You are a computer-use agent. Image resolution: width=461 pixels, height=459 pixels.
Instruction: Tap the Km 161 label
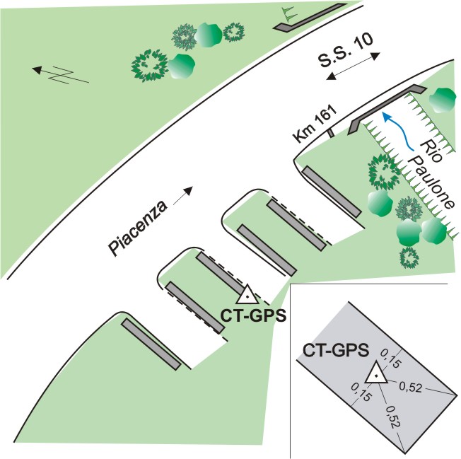coord(315,124)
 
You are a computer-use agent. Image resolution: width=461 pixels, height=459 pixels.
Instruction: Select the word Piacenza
coord(138,228)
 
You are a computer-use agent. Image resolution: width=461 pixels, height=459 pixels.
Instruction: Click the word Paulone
coord(432,182)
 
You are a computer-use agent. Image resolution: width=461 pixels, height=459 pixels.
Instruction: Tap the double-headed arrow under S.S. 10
coord(354,66)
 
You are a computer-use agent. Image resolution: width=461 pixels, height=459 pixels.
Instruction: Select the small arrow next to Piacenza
coord(183,195)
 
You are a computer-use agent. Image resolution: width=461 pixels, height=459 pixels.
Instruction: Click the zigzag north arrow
coord(60,75)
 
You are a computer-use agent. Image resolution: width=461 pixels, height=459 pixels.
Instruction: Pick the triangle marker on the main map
coord(247,295)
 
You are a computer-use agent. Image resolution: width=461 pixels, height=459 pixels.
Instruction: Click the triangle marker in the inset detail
coord(376,373)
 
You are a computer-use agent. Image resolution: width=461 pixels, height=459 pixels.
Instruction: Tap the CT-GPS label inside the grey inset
coord(335,351)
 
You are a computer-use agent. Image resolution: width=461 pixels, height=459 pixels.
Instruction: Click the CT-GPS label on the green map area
coord(253,316)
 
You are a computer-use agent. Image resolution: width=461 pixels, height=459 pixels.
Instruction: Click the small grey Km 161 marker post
coord(331,133)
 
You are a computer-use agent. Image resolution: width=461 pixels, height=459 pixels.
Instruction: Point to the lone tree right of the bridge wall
coord(442,100)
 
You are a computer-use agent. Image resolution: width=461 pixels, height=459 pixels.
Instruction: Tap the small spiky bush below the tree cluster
coord(409,257)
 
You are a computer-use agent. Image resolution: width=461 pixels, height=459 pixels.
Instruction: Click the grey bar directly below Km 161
coord(332,192)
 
